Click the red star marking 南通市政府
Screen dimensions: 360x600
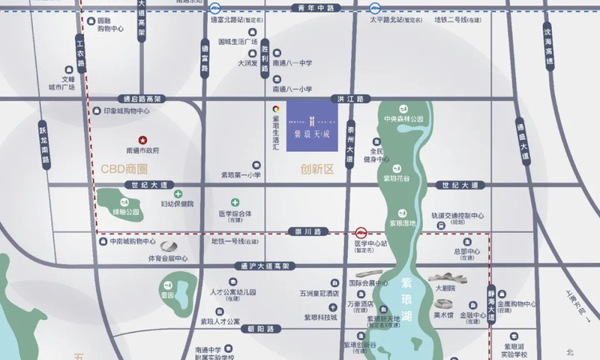click(144, 139)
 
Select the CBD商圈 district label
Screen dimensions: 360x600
click(125, 169)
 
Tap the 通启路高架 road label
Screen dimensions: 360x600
click(138, 99)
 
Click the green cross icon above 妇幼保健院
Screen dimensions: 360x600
click(178, 194)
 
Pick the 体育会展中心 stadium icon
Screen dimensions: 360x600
click(169, 246)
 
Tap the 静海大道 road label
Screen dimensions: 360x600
click(490, 305)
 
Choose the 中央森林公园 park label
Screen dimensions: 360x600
click(403, 119)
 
